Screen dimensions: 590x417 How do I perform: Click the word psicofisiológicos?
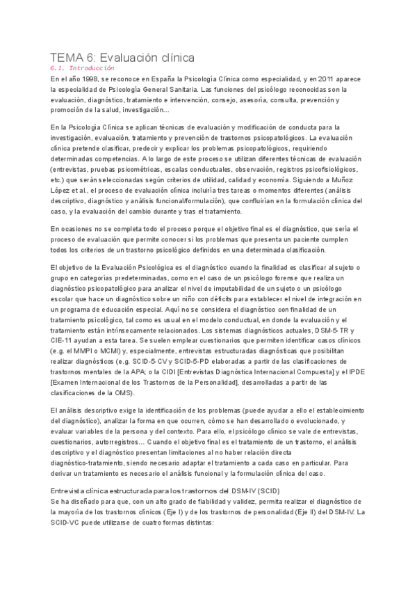point(328,160)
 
